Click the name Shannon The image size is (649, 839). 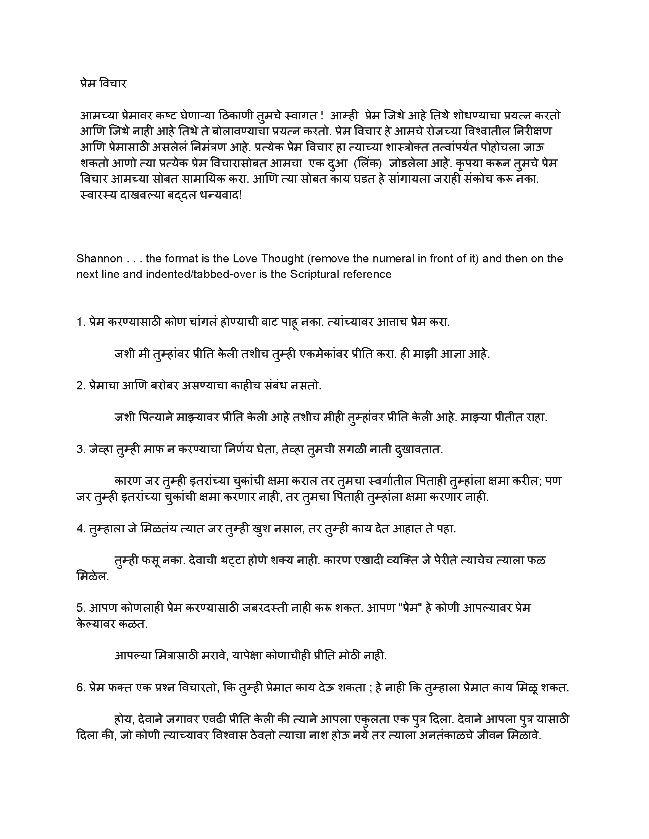pos(100,259)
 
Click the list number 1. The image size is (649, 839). pos(80,322)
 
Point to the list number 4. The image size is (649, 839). pos(80,529)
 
